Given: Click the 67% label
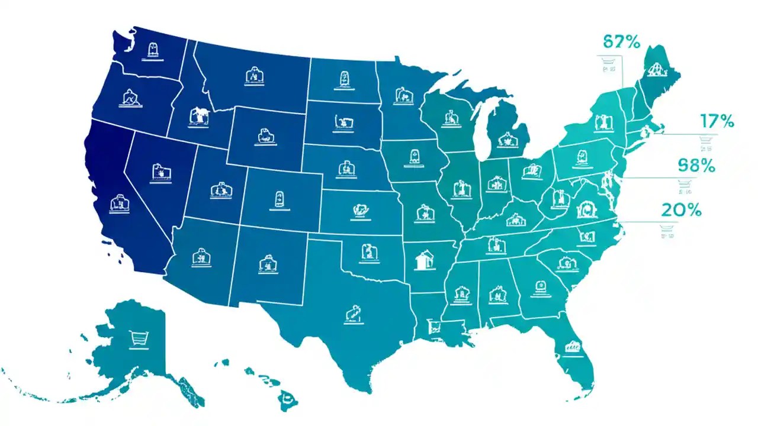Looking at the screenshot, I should (x=621, y=42).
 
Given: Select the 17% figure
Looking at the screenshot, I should (x=717, y=122).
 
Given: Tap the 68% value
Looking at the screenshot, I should (x=696, y=166).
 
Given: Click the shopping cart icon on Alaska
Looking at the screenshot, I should (x=137, y=338).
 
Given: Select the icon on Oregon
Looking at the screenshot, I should (x=129, y=98).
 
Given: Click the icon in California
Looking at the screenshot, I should (x=120, y=203).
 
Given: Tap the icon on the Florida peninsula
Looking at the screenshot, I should (x=572, y=347).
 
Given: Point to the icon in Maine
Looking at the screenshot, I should (x=654, y=69).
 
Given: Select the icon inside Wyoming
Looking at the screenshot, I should (x=265, y=135).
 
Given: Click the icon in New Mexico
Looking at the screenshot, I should (x=266, y=264).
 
